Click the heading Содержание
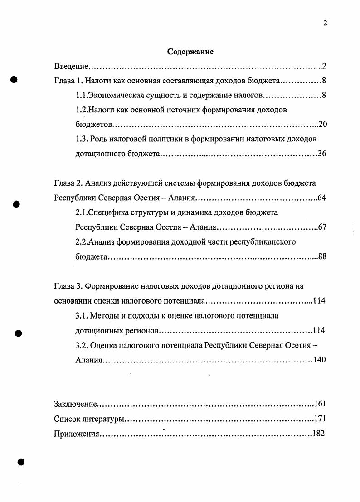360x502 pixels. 190,52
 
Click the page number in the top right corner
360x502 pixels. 325,24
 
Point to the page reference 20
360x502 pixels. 322,124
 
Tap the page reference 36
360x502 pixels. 322,154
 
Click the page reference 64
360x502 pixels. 322,198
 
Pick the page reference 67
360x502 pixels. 322,227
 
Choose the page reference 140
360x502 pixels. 319,360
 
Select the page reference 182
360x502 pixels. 319,434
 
